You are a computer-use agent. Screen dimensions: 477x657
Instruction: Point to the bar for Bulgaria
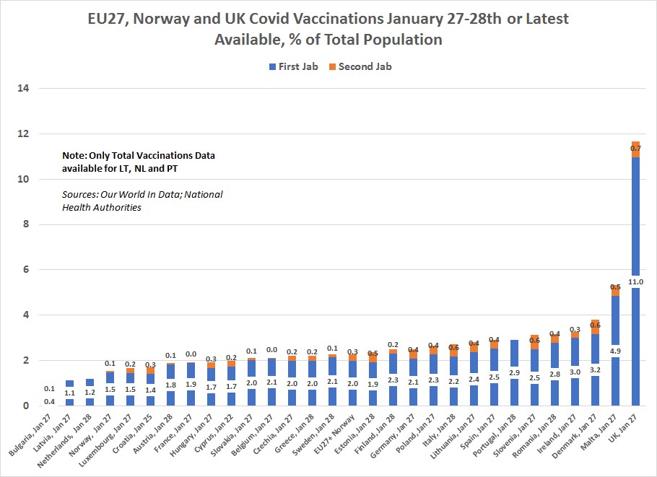50,401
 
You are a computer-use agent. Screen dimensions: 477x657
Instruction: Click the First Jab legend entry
295,66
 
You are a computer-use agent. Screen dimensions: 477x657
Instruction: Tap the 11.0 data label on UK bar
635,281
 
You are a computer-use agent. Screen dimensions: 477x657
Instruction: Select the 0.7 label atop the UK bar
635,149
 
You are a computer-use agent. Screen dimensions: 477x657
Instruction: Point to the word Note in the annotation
76,156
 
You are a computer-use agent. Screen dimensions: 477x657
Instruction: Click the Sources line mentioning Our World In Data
142,195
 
